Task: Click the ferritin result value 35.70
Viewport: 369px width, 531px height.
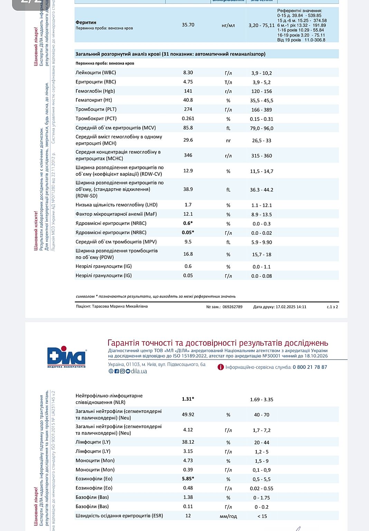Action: [x=188, y=25]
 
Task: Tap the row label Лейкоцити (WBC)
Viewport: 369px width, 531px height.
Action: [x=96, y=73]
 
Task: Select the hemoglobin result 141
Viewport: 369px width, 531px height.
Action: [x=188, y=91]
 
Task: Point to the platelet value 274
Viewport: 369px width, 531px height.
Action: [x=188, y=109]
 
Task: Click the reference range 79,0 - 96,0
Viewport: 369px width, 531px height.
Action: [x=262, y=128]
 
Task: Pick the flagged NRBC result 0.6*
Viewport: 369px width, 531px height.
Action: [x=188, y=223]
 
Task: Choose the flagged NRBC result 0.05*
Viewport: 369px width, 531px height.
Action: [x=188, y=232]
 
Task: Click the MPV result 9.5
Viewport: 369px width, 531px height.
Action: [x=188, y=242]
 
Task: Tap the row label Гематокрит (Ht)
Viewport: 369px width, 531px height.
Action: [x=94, y=100]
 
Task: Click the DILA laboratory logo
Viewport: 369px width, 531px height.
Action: [x=67, y=357]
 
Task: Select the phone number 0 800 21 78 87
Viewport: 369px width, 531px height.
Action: [x=310, y=367]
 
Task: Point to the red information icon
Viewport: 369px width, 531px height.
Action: [x=220, y=367]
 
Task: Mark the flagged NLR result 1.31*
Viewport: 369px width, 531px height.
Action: [x=188, y=399]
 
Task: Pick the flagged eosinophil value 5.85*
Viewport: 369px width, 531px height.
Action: [x=188, y=479]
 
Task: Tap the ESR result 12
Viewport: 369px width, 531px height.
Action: [x=188, y=515]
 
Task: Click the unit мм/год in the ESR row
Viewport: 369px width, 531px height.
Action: [x=228, y=516]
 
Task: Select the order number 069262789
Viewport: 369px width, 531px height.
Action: [x=232, y=307]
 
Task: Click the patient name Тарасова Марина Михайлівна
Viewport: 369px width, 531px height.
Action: [x=120, y=306]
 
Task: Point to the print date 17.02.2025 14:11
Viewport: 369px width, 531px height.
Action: [x=291, y=307]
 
